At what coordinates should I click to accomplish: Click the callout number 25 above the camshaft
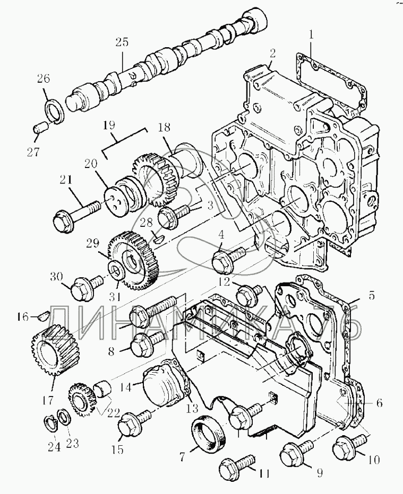(123, 42)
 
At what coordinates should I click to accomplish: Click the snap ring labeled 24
(51, 424)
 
